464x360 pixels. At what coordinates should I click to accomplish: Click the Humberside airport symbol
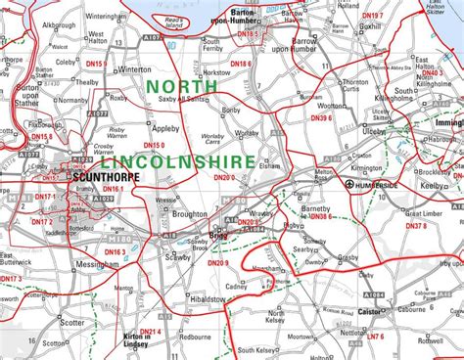tap(350, 183)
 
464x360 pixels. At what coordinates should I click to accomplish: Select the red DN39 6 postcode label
tap(321, 117)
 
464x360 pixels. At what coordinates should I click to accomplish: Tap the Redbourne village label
tap(197, 335)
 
